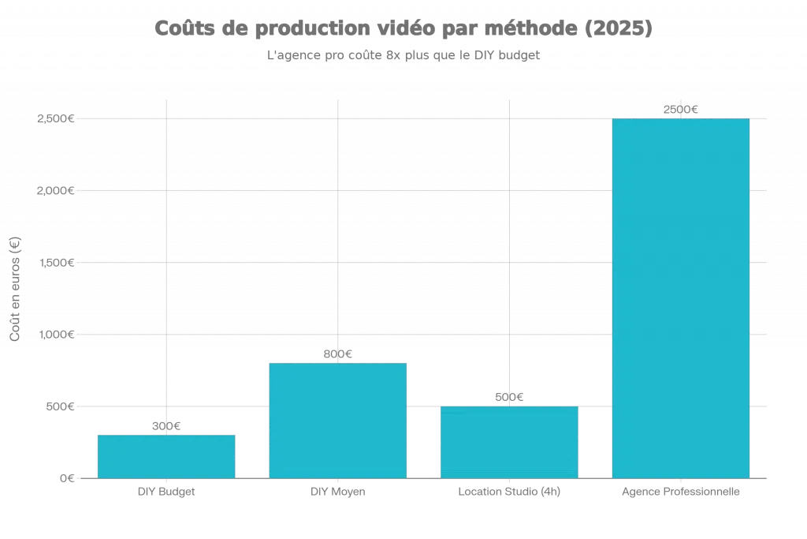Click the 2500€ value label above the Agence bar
(x=681, y=110)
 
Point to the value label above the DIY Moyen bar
(x=338, y=354)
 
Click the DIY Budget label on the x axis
(x=166, y=492)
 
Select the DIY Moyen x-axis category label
(x=338, y=492)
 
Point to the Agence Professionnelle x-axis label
(x=681, y=492)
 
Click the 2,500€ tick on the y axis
(x=56, y=119)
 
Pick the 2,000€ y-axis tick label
(x=56, y=191)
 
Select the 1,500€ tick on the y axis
(x=56, y=263)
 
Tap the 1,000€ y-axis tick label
(x=56, y=335)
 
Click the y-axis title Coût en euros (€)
(x=14, y=289)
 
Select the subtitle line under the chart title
(x=403, y=57)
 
